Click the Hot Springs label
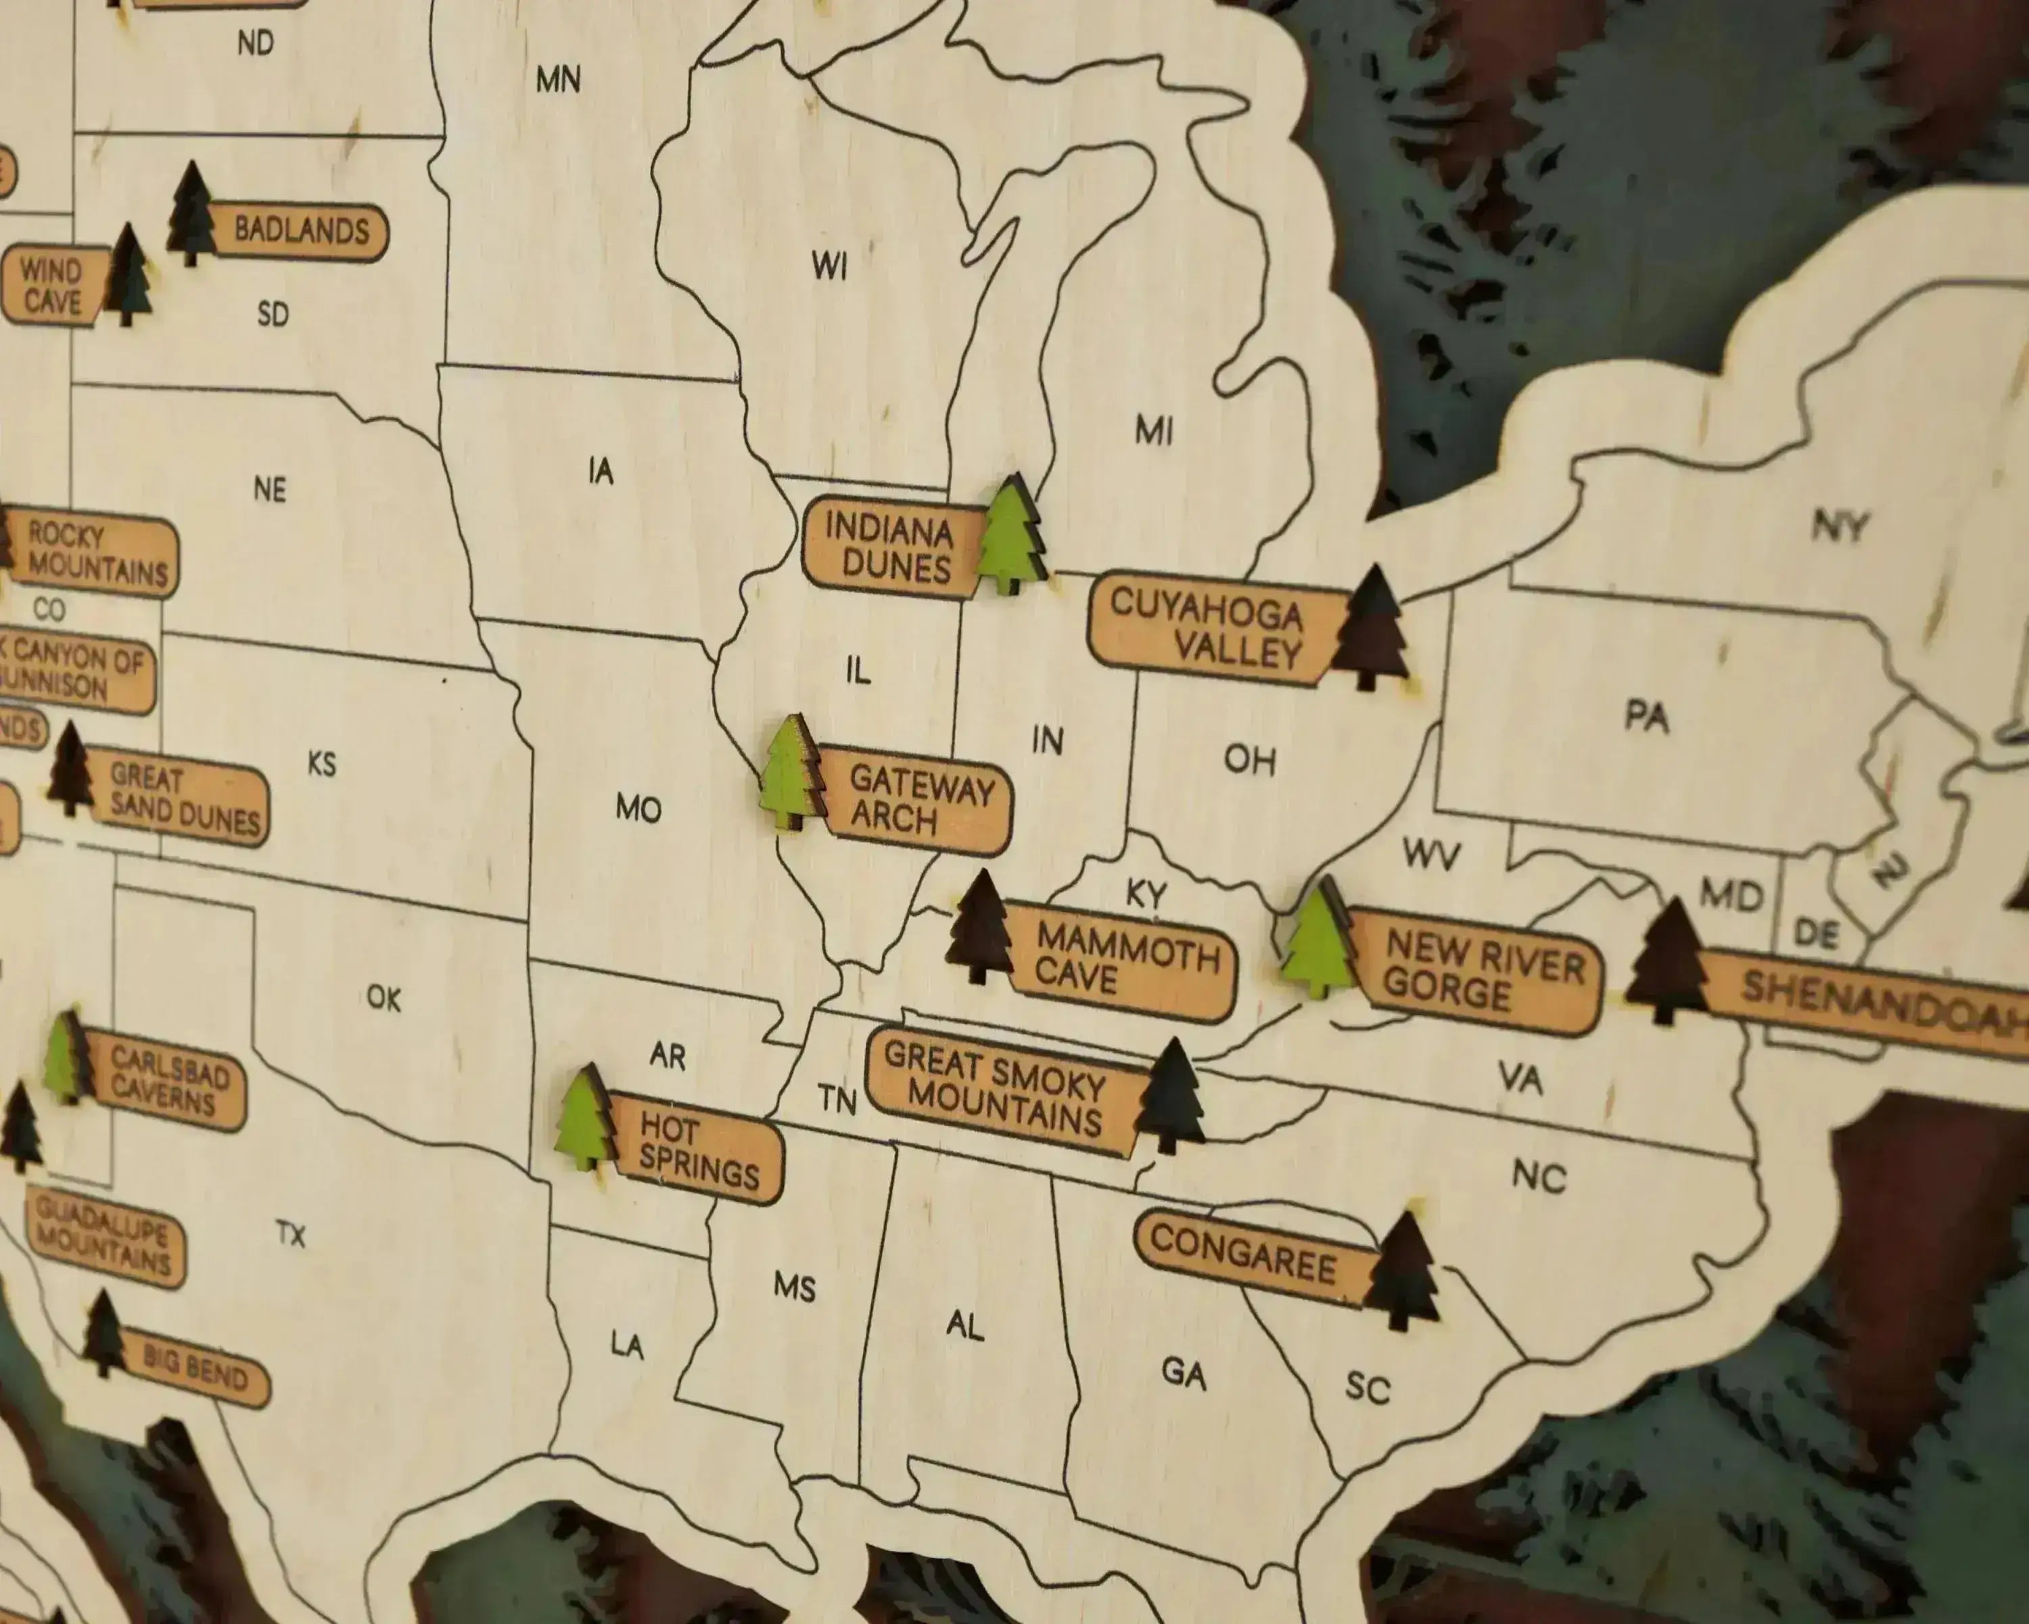click(x=697, y=1148)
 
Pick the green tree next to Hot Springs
click(x=584, y=1121)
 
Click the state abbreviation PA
click(x=1647, y=717)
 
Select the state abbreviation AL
click(x=964, y=1326)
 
